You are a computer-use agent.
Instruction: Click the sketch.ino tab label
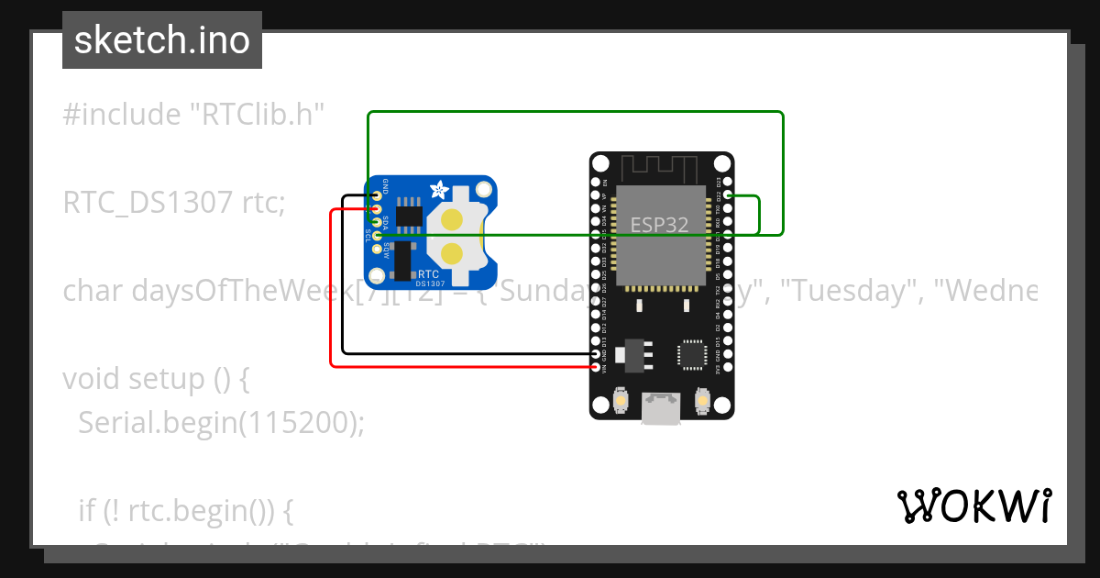point(161,40)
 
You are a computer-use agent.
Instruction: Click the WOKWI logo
point(973,506)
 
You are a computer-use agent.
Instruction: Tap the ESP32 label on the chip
point(659,224)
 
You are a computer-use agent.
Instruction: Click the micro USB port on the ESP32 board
point(661,407)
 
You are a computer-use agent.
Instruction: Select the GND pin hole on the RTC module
point(376,195)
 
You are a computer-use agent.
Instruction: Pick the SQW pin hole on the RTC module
point(376,250)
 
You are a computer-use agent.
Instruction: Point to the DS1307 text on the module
point(432,284)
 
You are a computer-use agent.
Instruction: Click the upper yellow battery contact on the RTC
point(452,220)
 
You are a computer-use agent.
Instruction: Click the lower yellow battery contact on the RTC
point(452,252)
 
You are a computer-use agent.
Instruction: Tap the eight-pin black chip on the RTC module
point(408,217)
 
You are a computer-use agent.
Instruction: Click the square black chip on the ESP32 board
point(691,355)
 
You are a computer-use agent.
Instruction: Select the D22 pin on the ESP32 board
point(728,195)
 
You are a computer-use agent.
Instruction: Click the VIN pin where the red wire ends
point(597,367)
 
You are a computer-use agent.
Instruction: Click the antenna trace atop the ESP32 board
point(660,168)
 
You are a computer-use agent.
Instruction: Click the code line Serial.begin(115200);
point(221,422)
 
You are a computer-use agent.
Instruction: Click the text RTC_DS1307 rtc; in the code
point(174,203)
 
